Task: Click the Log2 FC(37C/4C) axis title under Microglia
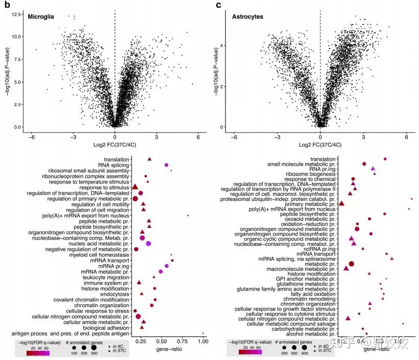pyautogui.click(x=115, y=145)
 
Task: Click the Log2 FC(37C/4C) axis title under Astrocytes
pyautogui.click(x=320, y=145)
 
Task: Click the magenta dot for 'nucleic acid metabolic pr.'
pyautogui.click(x=149, y=244)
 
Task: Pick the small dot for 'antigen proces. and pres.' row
pyautogui.click(x=203, y=333)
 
